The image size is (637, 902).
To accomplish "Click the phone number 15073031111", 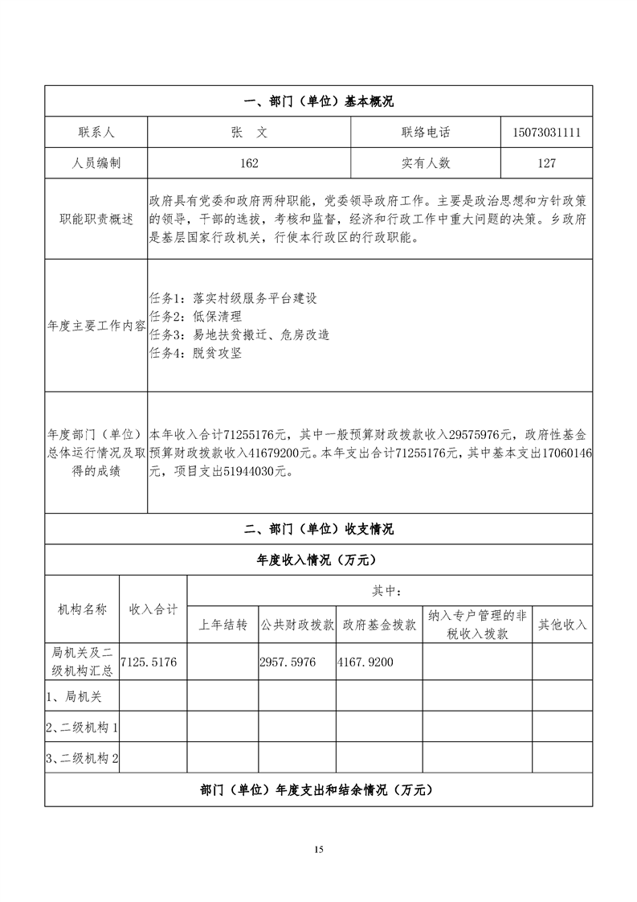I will click(x=545, y=133).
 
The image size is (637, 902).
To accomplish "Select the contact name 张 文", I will click(x=249, y=133).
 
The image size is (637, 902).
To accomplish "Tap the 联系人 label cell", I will click(x=96, y=133).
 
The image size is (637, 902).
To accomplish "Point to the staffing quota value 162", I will click(x=249, y=163).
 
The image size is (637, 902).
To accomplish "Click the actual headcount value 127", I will click(x=545, y=163).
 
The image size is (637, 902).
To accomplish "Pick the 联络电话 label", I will click(x=425, y=133).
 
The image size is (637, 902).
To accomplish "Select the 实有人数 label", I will click(x=425, y=163).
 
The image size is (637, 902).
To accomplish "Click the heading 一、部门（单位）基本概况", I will click(x=318, y=102).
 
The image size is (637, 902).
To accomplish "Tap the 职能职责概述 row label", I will click(x=96, y=219).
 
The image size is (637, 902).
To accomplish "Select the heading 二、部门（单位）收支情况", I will click(x=318, y=529).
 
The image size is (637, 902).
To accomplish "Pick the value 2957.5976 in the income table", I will click(x=288, y=662).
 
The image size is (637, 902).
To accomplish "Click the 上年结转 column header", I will click(x=223, y=625).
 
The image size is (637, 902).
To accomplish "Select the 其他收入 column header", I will click(x=561, y=625).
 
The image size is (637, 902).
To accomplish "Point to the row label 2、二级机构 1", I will click(x=82, y=728).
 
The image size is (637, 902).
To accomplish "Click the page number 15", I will click(x=319, y=849).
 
